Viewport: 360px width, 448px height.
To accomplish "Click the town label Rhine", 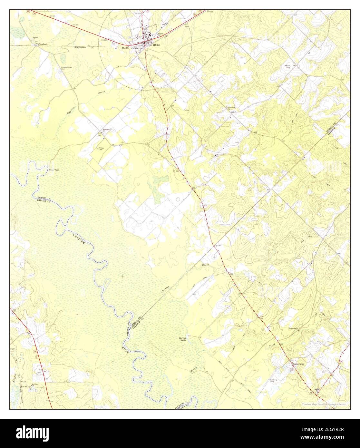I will point(157,45).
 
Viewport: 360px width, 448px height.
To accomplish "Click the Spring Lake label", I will point(183,339).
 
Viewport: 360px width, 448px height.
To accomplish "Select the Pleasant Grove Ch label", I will point(222,155).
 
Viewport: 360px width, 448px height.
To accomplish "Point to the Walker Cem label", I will point(287,66).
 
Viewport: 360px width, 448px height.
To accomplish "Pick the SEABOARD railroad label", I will point(81,47).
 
